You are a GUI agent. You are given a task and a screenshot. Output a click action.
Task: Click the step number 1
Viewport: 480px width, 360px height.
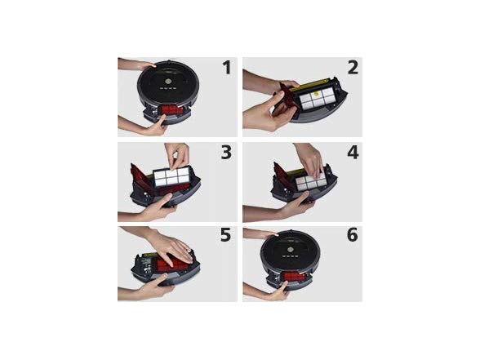click(x=227, y=68)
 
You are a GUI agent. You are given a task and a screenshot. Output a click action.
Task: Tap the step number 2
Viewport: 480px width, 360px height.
click(x=353, y=68)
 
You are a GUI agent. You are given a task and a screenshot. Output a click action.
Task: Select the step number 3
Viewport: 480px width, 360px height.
click(x=227, y=152)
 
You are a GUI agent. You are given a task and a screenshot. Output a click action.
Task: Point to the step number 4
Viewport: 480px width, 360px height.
click(x=353, y=152)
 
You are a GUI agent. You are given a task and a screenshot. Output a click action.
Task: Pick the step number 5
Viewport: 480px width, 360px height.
click(x=226, y=235)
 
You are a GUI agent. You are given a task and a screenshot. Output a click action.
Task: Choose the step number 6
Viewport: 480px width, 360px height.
click(x=353, y=235)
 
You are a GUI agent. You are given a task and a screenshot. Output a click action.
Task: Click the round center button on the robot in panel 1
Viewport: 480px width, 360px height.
click(x=167, y=82)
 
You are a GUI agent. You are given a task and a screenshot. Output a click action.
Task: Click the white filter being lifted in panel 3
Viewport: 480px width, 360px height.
click(x=171, y=177)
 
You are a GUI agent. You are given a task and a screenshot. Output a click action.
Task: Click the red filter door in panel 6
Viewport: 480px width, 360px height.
click(x=293, y=277)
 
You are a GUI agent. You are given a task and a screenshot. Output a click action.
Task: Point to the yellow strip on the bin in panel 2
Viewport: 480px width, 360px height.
click(x=309, y=85)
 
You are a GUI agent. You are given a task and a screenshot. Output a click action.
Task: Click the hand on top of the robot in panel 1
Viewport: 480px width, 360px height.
click(x=137, y=65)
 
